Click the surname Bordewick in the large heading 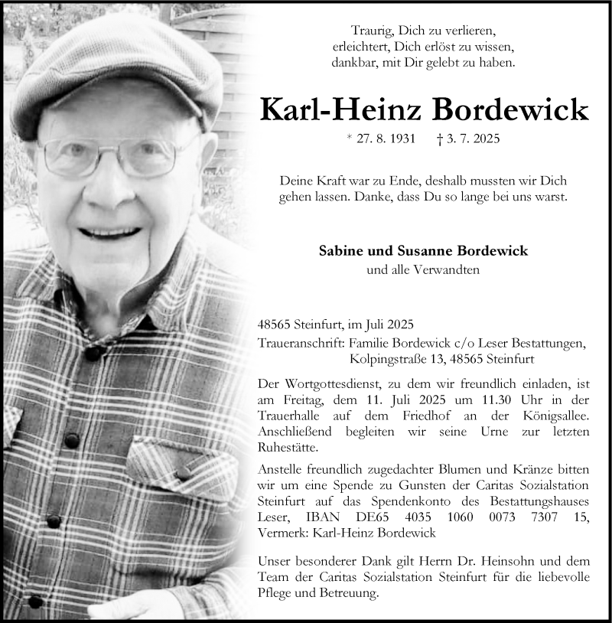point(511,110)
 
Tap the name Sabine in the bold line point(340,251)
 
